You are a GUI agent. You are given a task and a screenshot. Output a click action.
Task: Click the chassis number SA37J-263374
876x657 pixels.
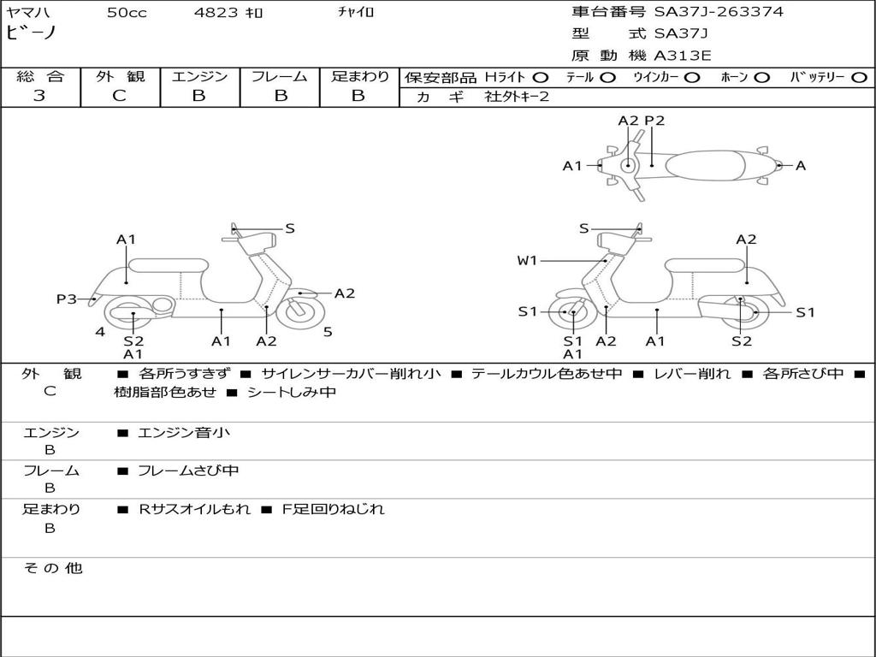(x=719, y=12)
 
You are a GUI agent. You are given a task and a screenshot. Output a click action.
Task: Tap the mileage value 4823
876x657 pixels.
(x=215, y=12)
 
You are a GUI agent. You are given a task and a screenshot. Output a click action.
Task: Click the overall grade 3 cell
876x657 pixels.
(x=39, y=96)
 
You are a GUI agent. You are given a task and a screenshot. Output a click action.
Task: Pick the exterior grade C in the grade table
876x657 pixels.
(x=119, y=96)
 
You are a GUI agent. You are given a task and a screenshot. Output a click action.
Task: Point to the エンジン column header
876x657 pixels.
(x=199, y=76)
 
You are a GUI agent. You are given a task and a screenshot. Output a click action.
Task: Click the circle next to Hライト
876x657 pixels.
(x=541, y=78)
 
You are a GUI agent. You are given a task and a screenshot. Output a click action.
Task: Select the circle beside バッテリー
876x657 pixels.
(x=860, y=78)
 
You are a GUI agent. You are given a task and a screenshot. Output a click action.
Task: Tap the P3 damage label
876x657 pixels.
(x=67, y=299)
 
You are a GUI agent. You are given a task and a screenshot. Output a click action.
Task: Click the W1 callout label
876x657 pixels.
(x=527, y=260)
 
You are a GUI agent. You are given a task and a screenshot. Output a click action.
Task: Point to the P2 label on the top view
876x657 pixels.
(x=654, y=121)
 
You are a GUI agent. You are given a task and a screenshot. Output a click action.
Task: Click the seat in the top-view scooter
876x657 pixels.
(x=705, y=165)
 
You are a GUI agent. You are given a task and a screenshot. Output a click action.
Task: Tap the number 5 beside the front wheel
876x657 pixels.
(x=328, y=332)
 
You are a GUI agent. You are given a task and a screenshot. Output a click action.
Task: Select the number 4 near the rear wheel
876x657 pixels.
(x=100, y=332)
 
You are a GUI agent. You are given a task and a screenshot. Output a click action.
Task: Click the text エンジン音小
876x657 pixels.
(x=183, y=432)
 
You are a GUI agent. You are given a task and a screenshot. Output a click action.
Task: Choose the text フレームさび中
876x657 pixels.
(x=188, y=471)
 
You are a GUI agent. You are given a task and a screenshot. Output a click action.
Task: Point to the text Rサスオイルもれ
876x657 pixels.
(x=194, y=509)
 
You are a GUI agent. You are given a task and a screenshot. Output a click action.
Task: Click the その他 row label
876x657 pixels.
(x=52, y=568)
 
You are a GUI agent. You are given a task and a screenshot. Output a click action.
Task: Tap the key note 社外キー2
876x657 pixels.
(x=517, y=97)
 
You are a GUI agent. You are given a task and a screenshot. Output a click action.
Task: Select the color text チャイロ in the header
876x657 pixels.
(x=356, y=12)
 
